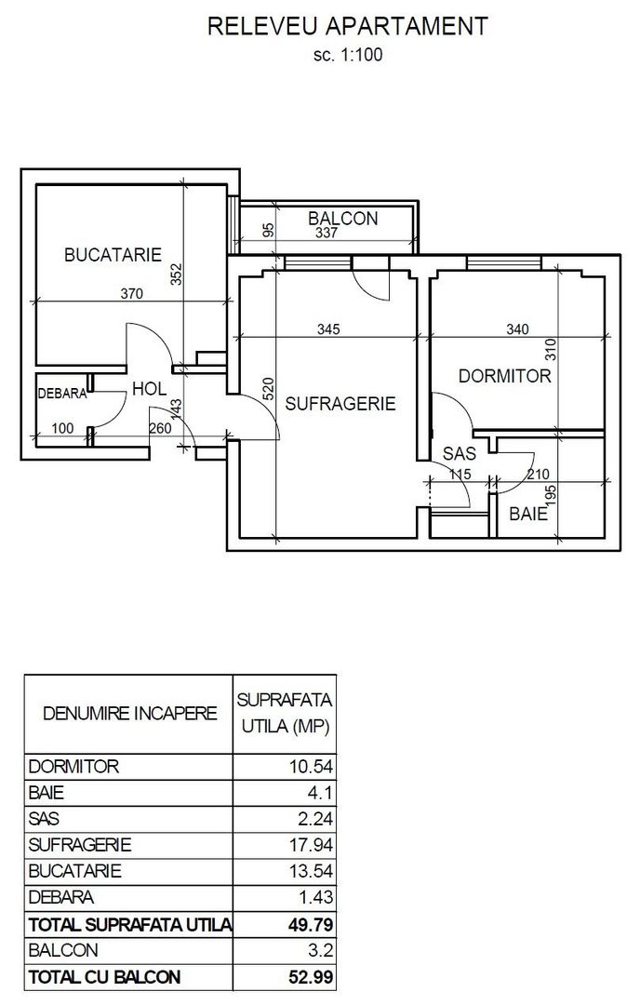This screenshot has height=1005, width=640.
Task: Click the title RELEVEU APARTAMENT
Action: click(x=348, y=27)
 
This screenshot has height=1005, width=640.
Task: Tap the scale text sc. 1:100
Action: click(x=348, y=55)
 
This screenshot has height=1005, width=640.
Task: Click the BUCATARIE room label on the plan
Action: click(x=113, y=254)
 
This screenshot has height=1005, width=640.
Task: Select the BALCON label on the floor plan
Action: click(x=343, y=219)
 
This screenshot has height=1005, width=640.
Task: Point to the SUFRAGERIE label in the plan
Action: click(x=340, y=404)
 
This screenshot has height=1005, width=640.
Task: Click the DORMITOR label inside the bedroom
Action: click(x=505, y=376)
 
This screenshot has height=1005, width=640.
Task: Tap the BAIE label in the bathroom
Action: click(x=528, y=514)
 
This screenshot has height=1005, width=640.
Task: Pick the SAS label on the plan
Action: click(x=459, y=454)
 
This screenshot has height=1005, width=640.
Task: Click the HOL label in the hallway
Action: click(x=150, y=389)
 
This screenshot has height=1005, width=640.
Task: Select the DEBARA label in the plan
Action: click(x=62, y=394)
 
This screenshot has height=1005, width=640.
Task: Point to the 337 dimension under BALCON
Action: click(x=326, y=234)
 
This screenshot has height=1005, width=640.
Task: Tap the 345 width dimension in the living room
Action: click(x=328, y=328)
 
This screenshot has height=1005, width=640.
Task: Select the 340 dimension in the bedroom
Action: click(x=516, y=328)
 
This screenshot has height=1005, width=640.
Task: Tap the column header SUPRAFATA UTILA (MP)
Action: click(x=285, y=713)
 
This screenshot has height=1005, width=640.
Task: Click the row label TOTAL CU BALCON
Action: click(x=105, y=978)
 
